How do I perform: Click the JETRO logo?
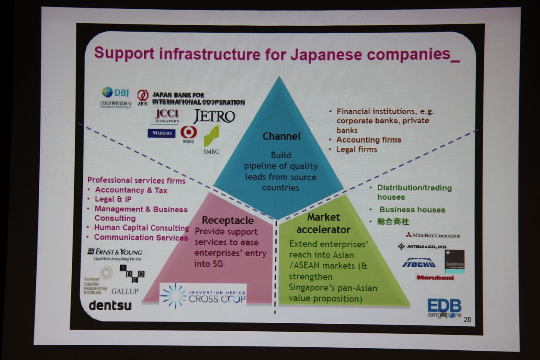coord(214,116)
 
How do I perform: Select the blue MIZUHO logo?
coord(161,133)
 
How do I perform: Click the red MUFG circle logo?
coord(189,133)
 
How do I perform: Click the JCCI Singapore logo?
coord(167,115)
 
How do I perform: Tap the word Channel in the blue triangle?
coord(281,136)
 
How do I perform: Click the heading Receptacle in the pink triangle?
coord(227,220)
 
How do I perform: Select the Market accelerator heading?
coord(324,223)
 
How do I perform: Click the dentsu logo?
coord(110,305)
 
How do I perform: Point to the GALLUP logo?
coord(125,291)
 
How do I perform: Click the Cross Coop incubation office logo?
coord(203,295)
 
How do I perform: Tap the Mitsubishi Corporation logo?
coord(433,235)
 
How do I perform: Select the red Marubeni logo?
coord(435,278)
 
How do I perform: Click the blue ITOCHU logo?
coord(418,263)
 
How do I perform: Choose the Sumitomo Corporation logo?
coord(454,261)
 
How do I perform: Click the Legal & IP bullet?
coord(113,199)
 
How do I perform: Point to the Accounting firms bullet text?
coord(368,140)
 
